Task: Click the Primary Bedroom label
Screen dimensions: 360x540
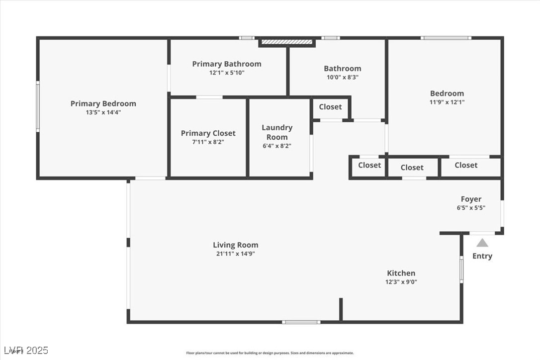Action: pyautogui.click(x=103, y=103)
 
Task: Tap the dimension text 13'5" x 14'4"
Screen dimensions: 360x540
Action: pyautogui.click(x=103, y=112)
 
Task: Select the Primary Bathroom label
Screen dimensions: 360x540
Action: pyautogui.click(x=226, y=64)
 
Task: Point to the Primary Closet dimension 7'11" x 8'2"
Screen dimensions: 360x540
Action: pyautogui.click(x=208, y=142)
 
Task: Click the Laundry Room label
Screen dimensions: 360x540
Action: pyautogui.click(x=277, y=132)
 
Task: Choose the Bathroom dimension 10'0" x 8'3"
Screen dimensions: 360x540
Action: pyautogui.click(x=342, y=77)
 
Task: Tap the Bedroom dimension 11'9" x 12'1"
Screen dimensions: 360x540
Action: pyautogui.click(x=447, y=102)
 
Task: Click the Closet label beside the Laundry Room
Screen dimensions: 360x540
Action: pyautogui.click(x=330, y=107)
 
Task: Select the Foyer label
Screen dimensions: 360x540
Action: pyautogui.click(x=471, y=199)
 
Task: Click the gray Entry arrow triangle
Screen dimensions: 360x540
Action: pyautogui.click(x=482, y=243)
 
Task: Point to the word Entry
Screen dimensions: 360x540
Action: pyautogui.click(x=482, y=256)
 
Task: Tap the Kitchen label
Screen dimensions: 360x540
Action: pyautogui.click(x=401, y=273)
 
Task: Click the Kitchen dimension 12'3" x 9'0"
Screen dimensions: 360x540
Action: pyautogui.click(x=401, y=282)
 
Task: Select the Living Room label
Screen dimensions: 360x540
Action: pyautogui.click(x=235, y=245)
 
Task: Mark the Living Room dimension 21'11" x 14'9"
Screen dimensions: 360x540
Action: pyautogui.click(x=235, y=254)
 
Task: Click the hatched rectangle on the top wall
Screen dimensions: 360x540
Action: pyautogui.click(x=287, y=42)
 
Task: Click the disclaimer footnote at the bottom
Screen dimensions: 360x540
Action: pyautogui.click(x=270, y=353)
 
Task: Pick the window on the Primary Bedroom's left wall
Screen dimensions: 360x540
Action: pyautogui.click(x=38, y=107)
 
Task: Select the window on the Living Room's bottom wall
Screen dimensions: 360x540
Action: pyautogui.click(x=301, y=322)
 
